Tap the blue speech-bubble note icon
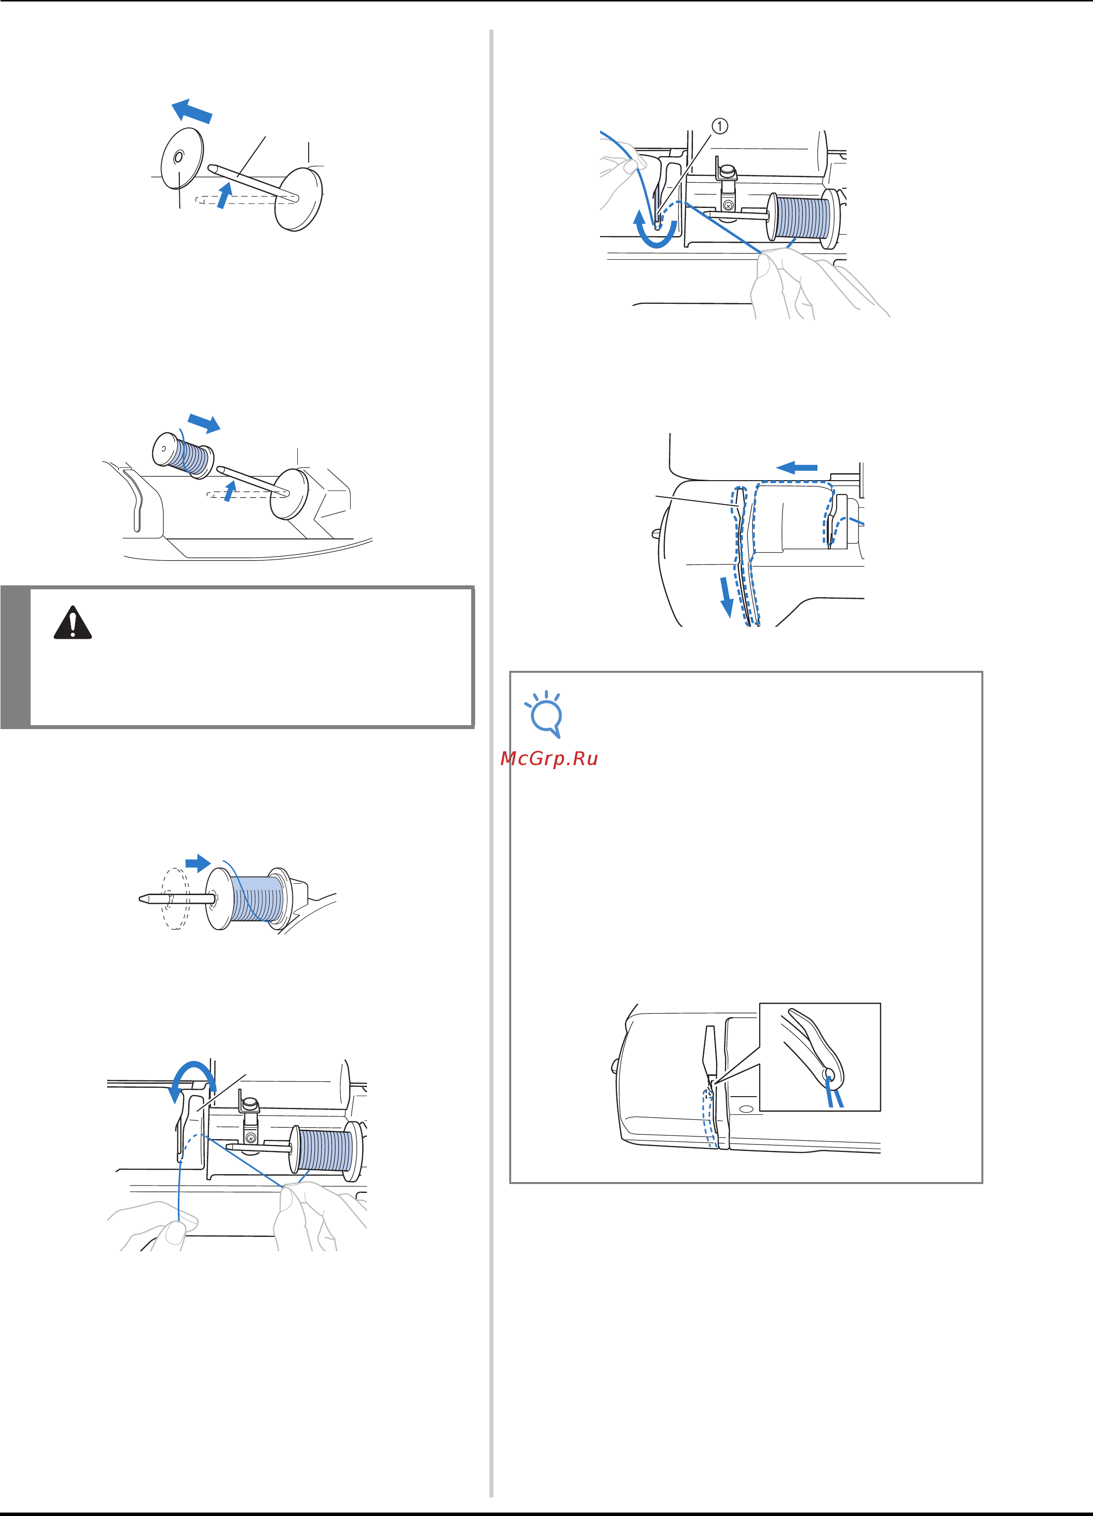pyautogui.click(x=545, y=714)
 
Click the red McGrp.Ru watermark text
pyautogui.click(x=549, y=759)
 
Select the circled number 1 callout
pyautogui.click(x=719, y=125)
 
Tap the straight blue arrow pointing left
pyautogui.click(x=797, y=467)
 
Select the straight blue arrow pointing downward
pyautogui.click(x=726, y=598)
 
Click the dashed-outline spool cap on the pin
pyautogui.click(x=176, y=899)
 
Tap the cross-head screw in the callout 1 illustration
pyautogui.click(x=728, y=205)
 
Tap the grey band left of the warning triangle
pyautogui.click(x=15, y=656)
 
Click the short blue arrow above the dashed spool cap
pyautogui.click(x=198, y=863)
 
